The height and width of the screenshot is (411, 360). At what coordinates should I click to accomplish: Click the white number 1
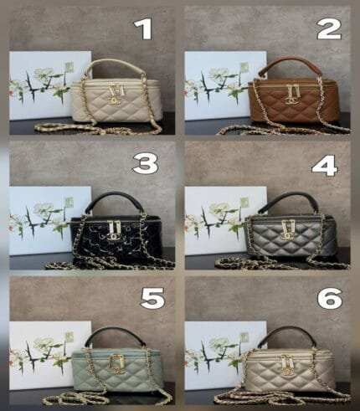click(x=144, y=29)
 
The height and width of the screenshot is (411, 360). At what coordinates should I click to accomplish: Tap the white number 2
click(x=329, y=29)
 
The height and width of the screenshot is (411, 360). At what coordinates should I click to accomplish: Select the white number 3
click(x=145, y=163)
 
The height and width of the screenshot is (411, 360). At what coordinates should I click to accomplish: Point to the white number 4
click(x=325, y=166)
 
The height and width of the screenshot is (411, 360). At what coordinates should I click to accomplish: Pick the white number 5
click(x=152, y=298)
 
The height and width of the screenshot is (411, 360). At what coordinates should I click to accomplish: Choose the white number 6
click(x=330, y=298)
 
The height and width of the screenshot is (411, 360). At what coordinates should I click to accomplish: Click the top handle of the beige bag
click(x=115, y=64)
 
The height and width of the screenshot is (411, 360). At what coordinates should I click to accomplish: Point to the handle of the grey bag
click(x=291, y=197)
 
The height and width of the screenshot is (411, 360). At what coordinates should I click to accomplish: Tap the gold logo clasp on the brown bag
click(x=291, y=95)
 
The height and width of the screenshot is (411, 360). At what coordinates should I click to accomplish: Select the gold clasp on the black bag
click(x=114, y=230)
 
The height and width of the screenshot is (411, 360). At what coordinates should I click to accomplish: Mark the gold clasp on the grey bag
click(x=288, y=229)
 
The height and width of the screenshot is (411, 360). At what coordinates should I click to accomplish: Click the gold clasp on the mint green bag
click(x=117, y=364)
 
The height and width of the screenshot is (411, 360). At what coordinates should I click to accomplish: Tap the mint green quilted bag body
click(x=117, y=371)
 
